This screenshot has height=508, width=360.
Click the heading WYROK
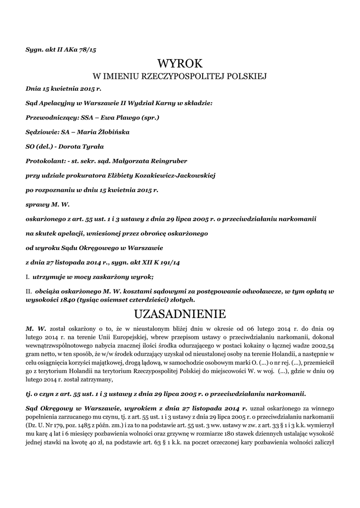(180, 63)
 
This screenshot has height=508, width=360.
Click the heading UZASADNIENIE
(180, 315)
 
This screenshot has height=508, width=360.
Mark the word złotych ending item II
(181, 300)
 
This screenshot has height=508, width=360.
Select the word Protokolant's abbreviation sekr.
(93, 161)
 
